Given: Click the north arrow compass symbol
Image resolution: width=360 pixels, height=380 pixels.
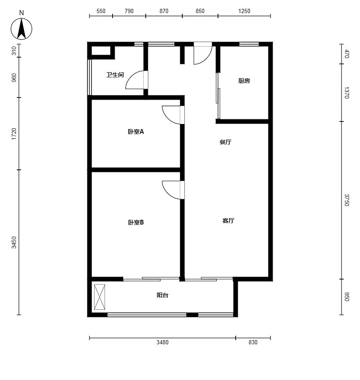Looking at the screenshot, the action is point(21,29).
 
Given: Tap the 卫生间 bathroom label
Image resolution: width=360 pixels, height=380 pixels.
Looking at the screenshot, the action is point(115,75).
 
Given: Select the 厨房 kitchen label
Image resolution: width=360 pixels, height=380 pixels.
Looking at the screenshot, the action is point(244,81).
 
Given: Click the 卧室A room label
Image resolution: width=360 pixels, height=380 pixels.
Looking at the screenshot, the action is point(136,132).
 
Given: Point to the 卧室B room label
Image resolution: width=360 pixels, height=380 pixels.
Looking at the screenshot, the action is point(136,222).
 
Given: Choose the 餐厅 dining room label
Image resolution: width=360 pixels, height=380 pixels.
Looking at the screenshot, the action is point(225,142).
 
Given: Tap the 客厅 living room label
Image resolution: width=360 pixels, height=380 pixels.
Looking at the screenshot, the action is point(228,221).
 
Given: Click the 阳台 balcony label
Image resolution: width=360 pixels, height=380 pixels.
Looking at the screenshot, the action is point(162,295).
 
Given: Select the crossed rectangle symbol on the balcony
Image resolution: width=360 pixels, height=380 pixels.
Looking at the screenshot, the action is point(100,297).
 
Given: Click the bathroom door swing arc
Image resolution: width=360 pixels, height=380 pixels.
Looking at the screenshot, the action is point(131,76).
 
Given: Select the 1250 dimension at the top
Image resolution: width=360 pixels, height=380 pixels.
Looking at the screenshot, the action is point(244,11).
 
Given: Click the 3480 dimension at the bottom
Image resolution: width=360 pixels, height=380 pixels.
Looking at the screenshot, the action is point(162,342).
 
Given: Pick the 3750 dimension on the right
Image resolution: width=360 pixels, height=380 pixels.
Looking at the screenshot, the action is point(347,200).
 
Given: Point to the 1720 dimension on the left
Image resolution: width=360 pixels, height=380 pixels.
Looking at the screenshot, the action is point(14,134).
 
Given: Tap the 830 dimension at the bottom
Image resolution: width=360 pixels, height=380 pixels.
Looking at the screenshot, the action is point(253,342).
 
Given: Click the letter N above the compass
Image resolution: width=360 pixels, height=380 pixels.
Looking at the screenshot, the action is point(21,13).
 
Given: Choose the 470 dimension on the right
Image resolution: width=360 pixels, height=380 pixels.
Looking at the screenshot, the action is point(347,54).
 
